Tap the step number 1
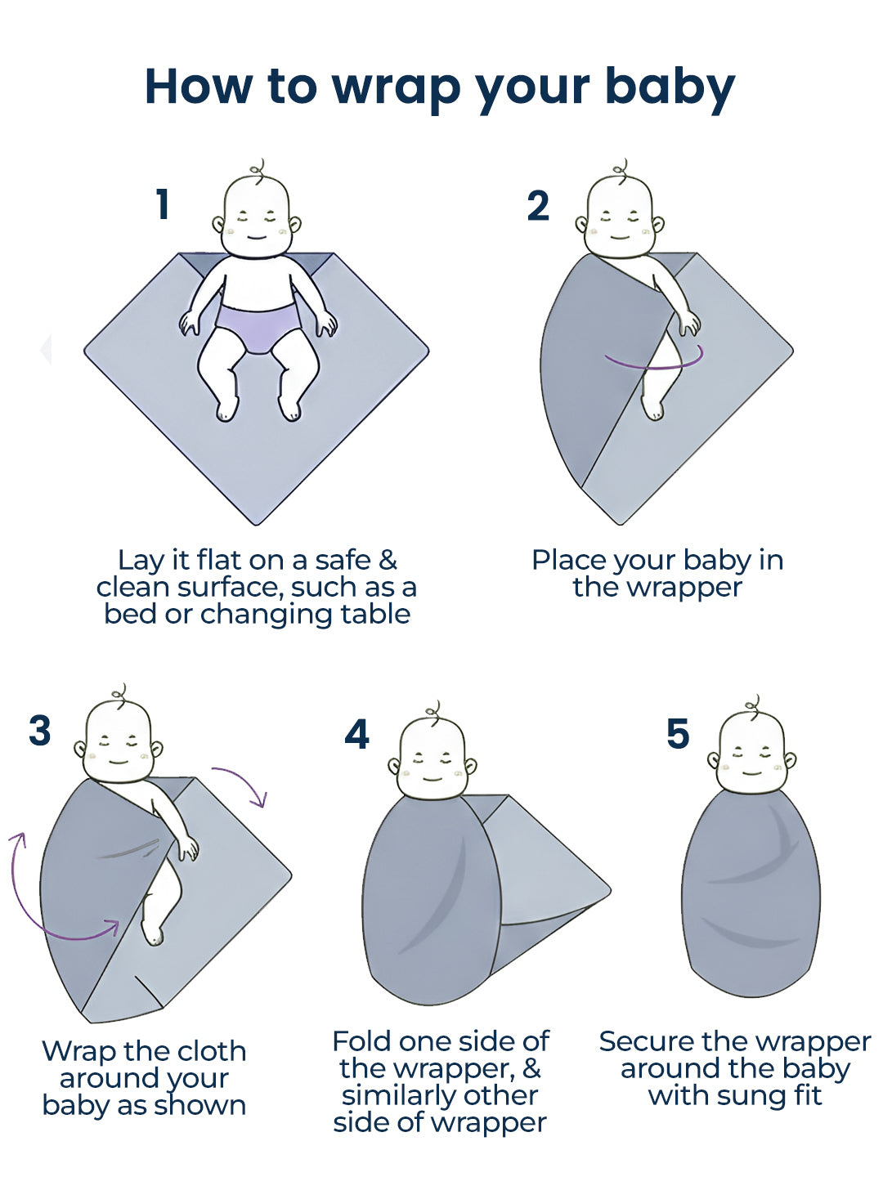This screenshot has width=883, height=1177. click(163, 204)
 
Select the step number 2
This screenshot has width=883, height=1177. click(538, 206)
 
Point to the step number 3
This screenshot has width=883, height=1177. click(40, 731)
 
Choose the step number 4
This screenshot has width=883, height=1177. click(356, 735)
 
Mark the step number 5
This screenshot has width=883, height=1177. click(678, 734)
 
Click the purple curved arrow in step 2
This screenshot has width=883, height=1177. click(654, 361)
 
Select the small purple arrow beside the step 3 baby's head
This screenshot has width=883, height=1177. click(242, 785)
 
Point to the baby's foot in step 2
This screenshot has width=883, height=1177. click(652, 407)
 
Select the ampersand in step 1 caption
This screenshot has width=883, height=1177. click(387, 561)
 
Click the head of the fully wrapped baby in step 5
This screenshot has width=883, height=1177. click(751, 753)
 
